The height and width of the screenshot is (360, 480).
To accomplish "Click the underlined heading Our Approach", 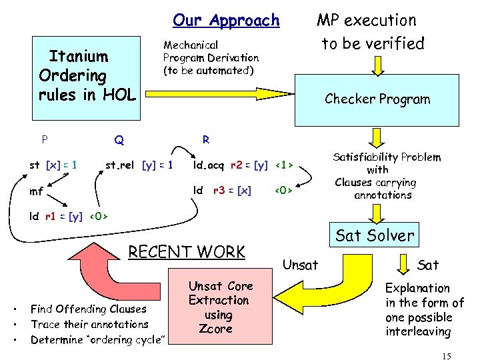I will [226, 21].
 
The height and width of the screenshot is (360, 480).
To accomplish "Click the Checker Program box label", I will [377, 99].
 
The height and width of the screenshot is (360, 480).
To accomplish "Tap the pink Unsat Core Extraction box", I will [221, 307].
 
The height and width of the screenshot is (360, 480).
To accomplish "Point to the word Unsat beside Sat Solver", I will [300, 265].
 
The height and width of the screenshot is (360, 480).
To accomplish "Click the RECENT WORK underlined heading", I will [187, 251].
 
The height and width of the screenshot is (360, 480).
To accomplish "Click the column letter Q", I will [119, 140].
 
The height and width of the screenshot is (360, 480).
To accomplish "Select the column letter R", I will [206, 139].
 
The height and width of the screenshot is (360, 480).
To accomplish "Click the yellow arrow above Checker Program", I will [377, 65].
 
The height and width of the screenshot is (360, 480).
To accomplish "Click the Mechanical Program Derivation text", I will [211, 57].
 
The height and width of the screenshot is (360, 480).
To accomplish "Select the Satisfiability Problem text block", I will [387, 176].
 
